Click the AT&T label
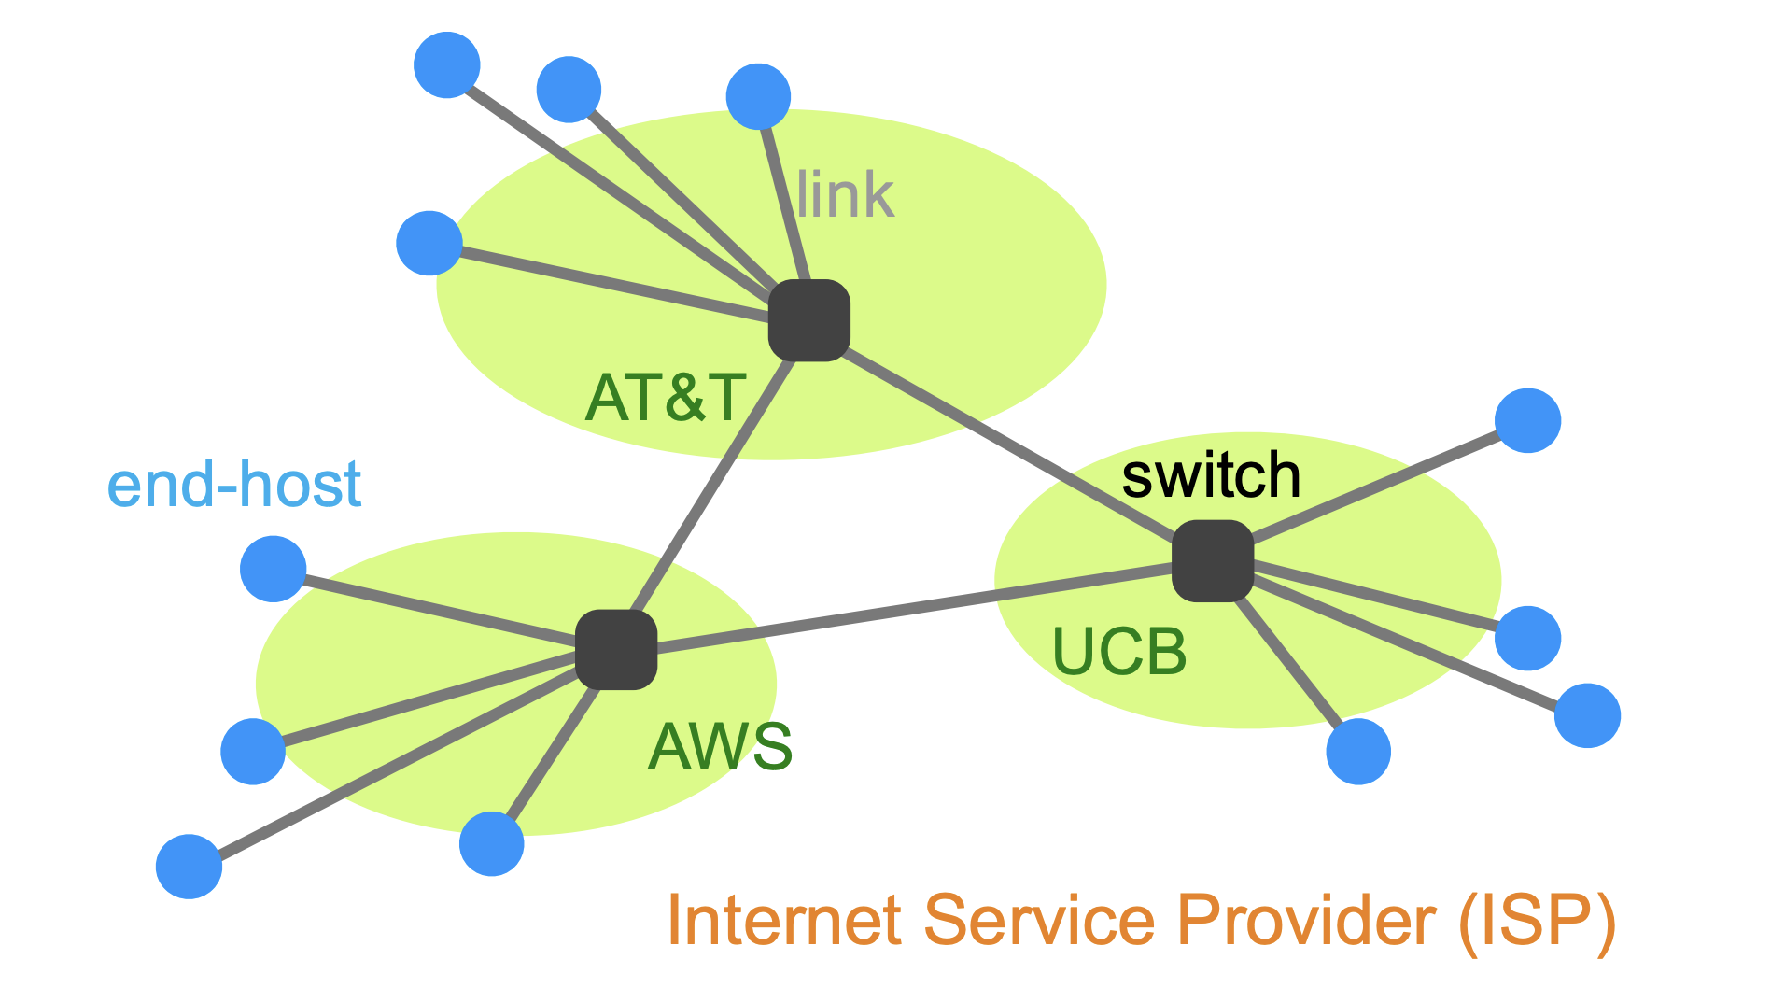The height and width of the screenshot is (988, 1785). (665, 398)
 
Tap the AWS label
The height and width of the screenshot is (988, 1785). (720, 747)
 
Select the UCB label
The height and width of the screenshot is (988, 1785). (1118, 651)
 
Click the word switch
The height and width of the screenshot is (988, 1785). (1211, 475)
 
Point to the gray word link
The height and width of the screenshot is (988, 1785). (846, 195)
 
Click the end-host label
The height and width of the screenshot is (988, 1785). (234, 485)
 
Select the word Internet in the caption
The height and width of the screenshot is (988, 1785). (784, 921)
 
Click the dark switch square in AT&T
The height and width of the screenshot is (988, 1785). (808, 320)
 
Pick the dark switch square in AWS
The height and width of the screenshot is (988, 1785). (616, 650)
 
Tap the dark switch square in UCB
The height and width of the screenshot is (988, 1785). (1212, 560)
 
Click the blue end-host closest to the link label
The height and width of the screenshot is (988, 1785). (758, 96)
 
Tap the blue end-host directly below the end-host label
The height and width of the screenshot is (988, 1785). (273, 569)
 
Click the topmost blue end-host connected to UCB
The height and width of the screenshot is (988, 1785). (1527, 420)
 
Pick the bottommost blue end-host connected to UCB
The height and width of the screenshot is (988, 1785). (1358, 751)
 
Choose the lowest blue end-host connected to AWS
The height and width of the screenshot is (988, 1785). (189, 867)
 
